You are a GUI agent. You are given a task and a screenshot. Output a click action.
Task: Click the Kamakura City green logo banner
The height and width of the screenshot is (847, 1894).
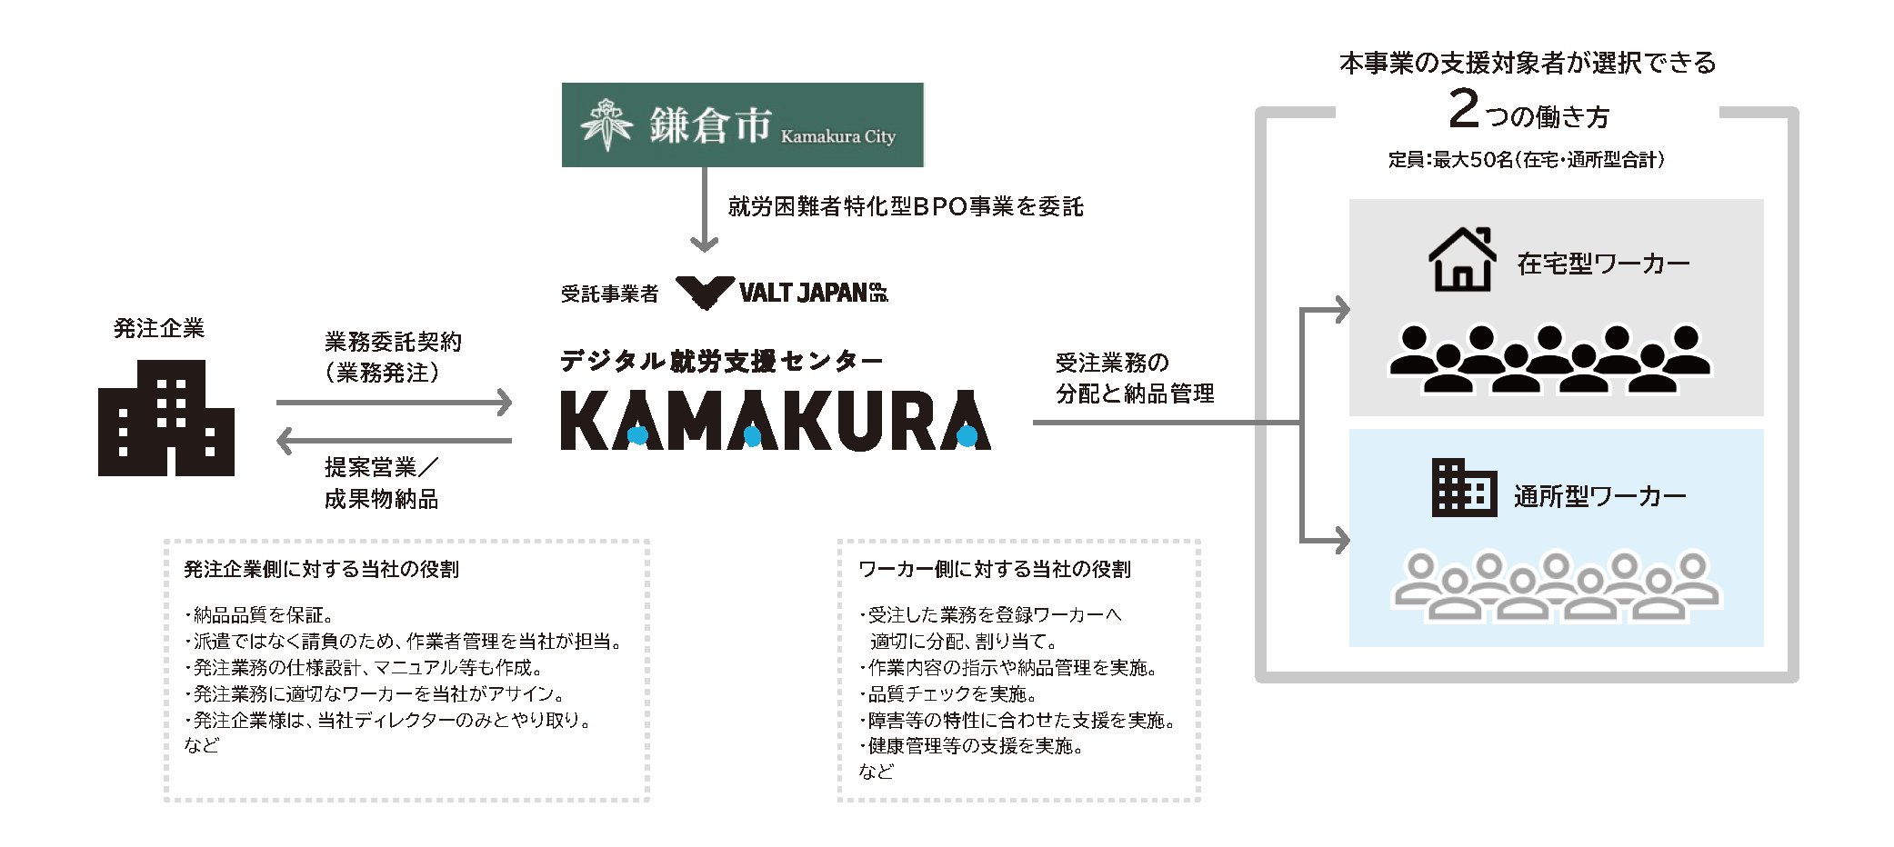(742, 125)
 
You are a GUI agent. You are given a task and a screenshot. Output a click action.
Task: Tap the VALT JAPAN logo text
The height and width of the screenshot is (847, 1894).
(812, 293)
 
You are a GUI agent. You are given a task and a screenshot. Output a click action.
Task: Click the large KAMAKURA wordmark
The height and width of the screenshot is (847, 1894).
(775, 421)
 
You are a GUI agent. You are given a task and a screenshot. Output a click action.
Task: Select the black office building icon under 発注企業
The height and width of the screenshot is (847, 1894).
(165, 418)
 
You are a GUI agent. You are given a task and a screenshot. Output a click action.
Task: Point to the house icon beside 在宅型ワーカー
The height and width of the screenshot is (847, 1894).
(1462, 260)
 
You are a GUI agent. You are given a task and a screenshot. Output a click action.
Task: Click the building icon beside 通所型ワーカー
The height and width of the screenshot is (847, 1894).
(1464, 488)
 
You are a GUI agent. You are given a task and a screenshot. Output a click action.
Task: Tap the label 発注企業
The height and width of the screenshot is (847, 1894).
(159, 328)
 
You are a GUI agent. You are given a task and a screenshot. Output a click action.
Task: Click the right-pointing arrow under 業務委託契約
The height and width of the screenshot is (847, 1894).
(394, 402)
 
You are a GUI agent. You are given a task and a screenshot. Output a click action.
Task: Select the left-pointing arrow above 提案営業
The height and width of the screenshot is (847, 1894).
(394, 441)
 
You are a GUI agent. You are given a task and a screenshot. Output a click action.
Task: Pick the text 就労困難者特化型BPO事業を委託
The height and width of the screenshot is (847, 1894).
(906, 207)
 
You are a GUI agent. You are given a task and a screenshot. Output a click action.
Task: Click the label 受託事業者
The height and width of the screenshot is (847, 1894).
(609, 294)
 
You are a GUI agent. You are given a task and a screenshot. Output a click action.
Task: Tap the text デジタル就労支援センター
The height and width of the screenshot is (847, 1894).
(721, 361)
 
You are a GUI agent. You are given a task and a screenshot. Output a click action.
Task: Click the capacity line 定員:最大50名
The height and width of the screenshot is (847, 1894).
(1527, 160)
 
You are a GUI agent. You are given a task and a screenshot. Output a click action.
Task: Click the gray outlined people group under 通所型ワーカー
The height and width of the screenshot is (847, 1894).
(1557, 587)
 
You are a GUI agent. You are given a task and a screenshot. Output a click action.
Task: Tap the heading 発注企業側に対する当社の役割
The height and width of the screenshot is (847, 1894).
(322, 569)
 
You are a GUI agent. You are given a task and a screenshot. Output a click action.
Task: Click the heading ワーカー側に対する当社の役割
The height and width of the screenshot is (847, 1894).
(995, 569)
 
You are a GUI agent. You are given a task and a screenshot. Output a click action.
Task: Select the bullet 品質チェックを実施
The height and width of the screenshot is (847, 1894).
(951, 694)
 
